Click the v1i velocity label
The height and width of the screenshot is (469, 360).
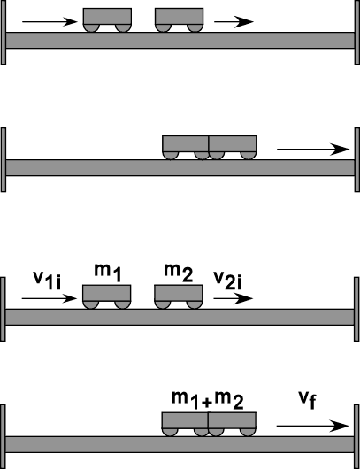[x=47, y=281]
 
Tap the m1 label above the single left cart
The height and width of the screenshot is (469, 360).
[x=108, y=273]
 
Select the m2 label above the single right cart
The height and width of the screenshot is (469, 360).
[x=179, y=273]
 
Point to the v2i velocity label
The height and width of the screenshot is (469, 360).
[x=227, y=281]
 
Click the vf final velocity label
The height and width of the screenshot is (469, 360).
[x=307, y=400]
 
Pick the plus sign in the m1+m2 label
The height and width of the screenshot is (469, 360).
[x=206, y=403]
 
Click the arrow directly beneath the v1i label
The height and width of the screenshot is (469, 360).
[x=50, y=298]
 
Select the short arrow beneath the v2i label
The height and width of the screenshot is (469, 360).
[x=234, y=298]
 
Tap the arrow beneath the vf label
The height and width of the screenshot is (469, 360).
[x=313, y=426]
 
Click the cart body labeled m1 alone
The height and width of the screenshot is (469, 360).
[x=107, y=293]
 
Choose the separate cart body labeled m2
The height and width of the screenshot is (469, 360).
[x=179, y=293]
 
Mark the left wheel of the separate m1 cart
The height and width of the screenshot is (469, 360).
[x=90, y=304]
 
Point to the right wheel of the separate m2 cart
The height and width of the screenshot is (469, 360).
[x=195, y=304]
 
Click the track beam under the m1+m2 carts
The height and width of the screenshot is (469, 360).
[x=180, y=444]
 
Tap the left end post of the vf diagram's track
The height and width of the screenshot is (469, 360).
[x=3, y=436]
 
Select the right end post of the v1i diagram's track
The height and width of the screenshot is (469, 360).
[x=356, y=309]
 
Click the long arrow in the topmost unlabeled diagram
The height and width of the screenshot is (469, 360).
[x=50, y=21]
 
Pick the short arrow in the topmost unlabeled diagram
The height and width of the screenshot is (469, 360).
[x=234, y=21]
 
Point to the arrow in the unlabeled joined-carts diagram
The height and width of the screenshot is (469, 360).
[x=313, y=149]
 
